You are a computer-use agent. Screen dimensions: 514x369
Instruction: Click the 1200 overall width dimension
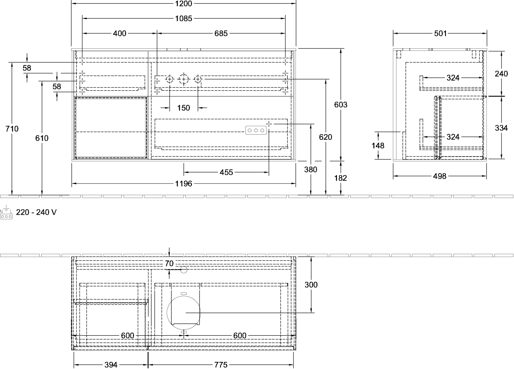tap(183, 4)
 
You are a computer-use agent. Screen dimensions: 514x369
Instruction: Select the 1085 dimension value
tap(183, 18)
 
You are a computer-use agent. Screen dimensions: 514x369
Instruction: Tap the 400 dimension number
tap(120, 33)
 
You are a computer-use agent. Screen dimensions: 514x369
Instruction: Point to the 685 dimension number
tap(221, 33)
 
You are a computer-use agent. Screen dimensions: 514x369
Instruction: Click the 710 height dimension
tap(12, 129)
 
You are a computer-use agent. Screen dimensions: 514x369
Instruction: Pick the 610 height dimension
tap(42, 138)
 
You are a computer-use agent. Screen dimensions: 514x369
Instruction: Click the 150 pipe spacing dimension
tap(183, 108)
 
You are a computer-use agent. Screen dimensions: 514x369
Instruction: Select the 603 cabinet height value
tap(341, 105)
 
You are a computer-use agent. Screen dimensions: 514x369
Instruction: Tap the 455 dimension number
tap(226, 172)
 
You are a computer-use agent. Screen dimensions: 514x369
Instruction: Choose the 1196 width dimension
tap(183, 183)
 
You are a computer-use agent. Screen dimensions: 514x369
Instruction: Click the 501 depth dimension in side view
tap(441, 33)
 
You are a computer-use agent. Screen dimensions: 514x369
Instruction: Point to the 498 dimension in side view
tap(440, 176)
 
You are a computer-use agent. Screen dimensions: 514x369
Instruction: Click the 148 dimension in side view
tap(378, 145)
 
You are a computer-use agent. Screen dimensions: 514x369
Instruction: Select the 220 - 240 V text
tap(36, 212)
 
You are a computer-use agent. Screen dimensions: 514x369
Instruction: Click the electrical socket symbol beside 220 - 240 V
tap(6, 212)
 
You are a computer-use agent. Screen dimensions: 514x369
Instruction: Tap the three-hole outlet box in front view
tap(256, 130)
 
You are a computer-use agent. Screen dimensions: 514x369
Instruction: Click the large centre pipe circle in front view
tap(183, 79)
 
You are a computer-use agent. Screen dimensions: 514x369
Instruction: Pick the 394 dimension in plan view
tap(111, 364)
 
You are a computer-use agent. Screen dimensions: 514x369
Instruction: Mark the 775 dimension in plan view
tap(221, 364)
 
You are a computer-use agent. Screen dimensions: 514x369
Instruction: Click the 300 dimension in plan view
tap(311, 285)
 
